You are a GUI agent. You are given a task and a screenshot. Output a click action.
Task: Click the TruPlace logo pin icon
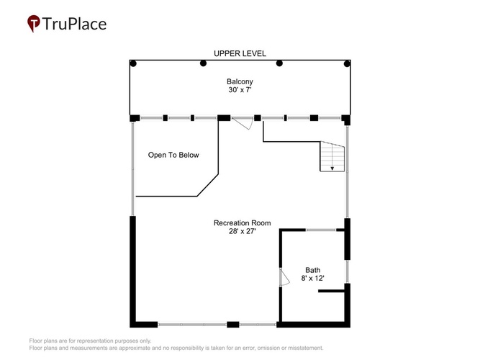34,23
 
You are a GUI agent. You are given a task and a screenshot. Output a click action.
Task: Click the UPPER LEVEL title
240,53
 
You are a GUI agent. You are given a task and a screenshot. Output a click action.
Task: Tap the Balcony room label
240,81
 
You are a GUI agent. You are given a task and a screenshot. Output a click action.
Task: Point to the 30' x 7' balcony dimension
240,90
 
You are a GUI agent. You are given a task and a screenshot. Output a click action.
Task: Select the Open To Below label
173,155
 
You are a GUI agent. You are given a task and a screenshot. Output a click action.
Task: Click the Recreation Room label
242,222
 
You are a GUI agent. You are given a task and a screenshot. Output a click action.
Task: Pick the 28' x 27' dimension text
242,231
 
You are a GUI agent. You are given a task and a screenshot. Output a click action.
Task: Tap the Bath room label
312,270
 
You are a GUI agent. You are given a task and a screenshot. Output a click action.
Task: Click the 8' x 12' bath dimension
312,278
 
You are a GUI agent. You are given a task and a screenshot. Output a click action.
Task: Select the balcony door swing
243,123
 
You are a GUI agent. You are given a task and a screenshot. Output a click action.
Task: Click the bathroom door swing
285,277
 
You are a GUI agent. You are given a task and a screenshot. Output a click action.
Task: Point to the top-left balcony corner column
133,64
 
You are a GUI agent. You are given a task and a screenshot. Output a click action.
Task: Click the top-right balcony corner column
347,64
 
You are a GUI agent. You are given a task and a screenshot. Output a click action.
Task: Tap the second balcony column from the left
203,63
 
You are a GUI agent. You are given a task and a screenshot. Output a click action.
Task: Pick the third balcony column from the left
279,63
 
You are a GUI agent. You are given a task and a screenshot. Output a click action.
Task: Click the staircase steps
332,156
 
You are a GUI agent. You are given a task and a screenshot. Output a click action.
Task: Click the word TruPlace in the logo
74,24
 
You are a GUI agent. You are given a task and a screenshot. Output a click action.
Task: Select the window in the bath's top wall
321,230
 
